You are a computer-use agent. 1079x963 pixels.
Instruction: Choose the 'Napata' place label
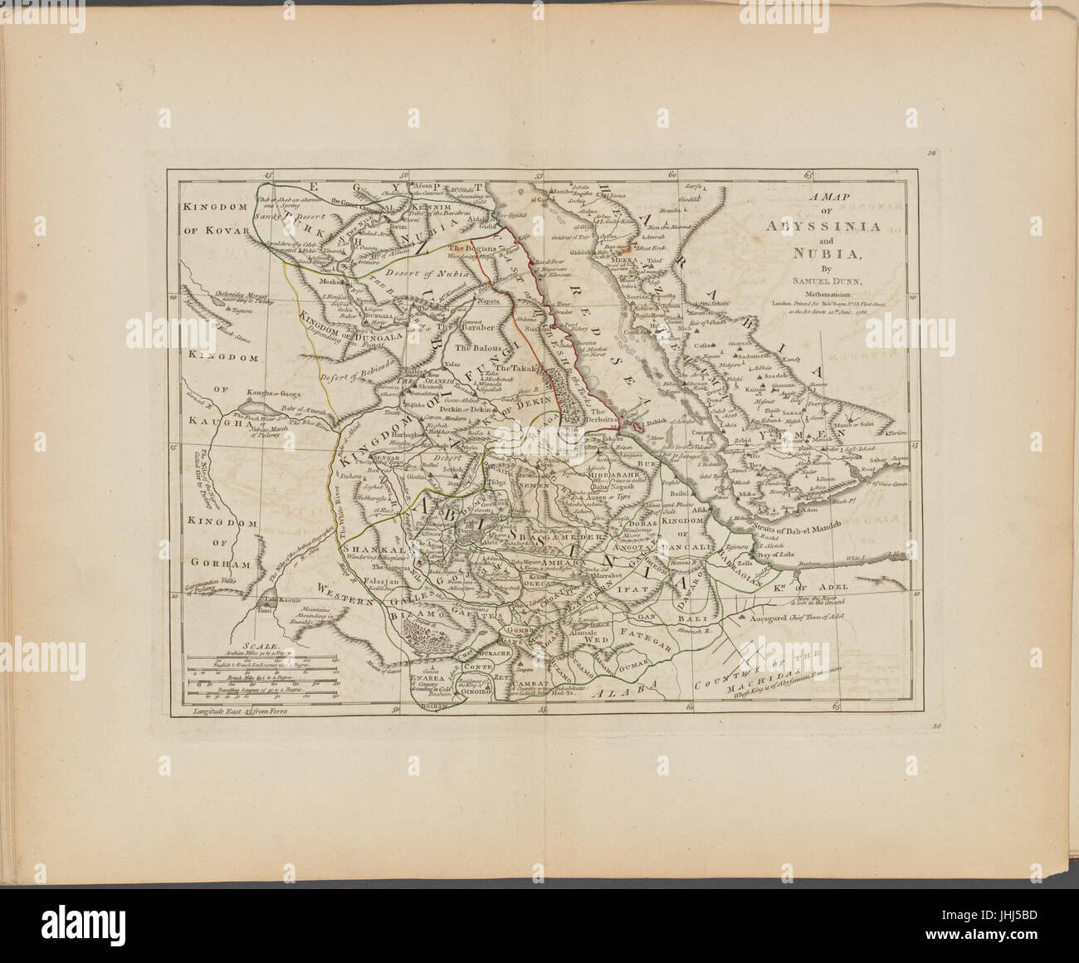[491, 303]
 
